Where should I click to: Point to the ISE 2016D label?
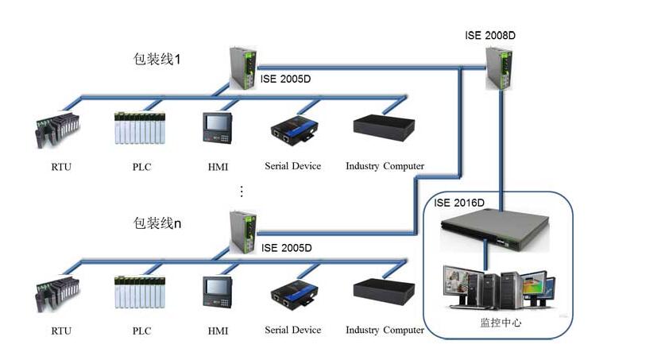(458, 203)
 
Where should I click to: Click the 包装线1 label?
(157, 60)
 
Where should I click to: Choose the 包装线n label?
(157, 223)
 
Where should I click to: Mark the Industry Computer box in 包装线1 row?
(385, 128)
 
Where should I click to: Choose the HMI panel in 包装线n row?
(215, 291)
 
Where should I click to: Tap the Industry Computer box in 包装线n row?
(385, 291)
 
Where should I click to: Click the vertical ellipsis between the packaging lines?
(242, 192)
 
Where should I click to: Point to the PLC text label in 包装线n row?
(141, 330)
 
